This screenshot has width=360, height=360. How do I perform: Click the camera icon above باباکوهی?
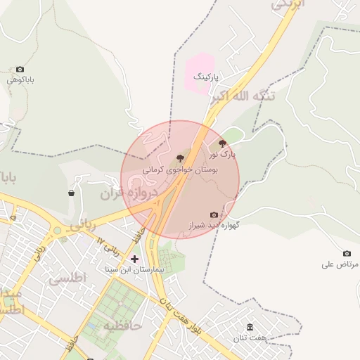(x=20, y=69)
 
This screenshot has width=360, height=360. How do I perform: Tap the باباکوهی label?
(x=20, y=80)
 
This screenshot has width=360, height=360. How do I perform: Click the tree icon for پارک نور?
(x=223, y=143)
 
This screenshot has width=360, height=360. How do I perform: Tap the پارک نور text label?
(x=223, y=153)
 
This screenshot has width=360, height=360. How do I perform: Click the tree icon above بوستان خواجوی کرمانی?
(x=180, y=159)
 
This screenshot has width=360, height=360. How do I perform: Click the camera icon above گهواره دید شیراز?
(x=214, y=214)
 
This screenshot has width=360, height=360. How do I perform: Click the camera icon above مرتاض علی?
(x=347, y=253)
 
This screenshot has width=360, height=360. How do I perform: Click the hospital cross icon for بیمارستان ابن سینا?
(x=134, y=259)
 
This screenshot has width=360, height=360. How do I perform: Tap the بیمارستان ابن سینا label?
(x=134, y=269)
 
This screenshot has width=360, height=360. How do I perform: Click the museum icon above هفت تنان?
(x=250, y=327)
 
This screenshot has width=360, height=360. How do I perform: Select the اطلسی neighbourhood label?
(x=67, y=279)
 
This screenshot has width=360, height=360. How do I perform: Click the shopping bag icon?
(x=72, y=193)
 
